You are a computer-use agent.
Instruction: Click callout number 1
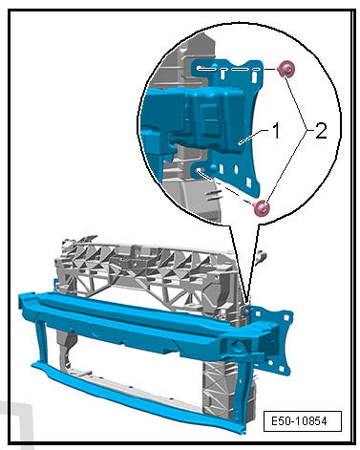[276, 131]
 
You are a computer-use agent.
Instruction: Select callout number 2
[321, 131]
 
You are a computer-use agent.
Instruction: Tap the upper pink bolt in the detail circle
[286, 70]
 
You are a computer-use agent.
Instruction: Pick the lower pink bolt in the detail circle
[262, 208]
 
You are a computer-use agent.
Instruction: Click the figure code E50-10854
[299, 421]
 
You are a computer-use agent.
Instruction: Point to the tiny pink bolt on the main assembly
[246, 310]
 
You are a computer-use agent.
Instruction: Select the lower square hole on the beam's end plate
[281, 369]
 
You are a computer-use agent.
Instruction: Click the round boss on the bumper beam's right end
[237, 347]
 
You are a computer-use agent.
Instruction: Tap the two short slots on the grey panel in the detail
[212, 195]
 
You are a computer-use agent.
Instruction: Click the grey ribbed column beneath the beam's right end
[220, 389]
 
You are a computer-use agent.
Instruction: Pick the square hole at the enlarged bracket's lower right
[249, 182]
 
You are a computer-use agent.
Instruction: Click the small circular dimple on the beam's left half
[95, 333]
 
